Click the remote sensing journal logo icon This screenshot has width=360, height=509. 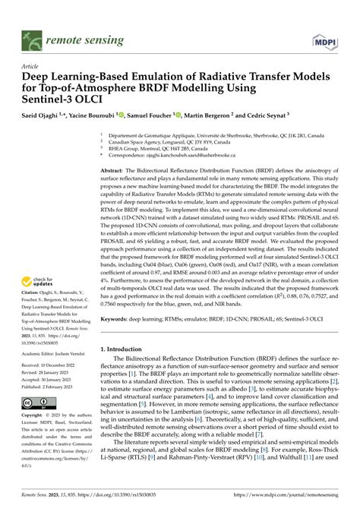point(31,36)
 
